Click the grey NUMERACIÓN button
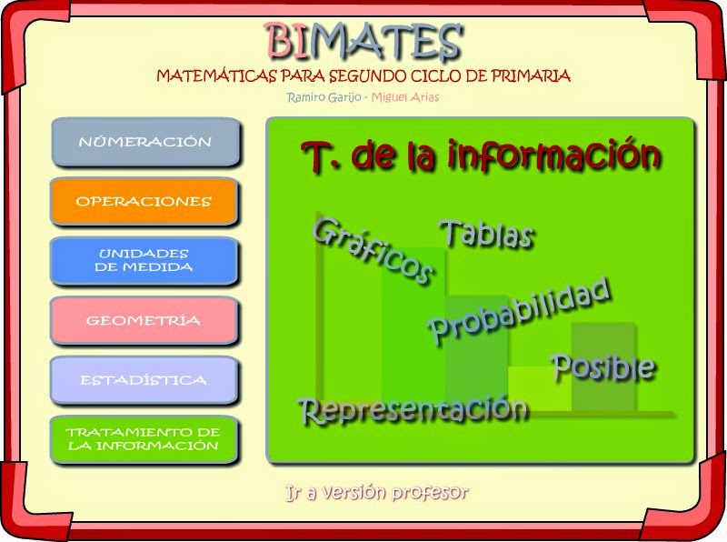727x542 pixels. pyautogui.click(x=145, y=142)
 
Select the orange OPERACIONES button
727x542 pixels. pyautogui.click(x=144, y=201)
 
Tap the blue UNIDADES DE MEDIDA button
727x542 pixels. pyautogui.click(x=144, y=261)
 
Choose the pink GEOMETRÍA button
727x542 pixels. pyautogui.click(x=144, y=320)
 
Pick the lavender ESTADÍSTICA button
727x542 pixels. pyautogui.click(x=144, y=380)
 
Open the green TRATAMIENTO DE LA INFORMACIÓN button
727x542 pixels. pyautogui.click(x=144, y=439)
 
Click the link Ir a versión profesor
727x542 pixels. pyautogui.click(x=376, y=493)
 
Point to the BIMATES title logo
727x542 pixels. pyautogui.click(x=363, y=42)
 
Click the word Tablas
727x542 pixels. pyautogui.click(x=486, y=234)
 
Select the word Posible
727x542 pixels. pyautogui.click(x=603, y=367)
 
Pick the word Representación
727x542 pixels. pyautogui.click(x=413, y=409)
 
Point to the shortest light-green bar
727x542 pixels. pyautogui.click(x=539, y=387)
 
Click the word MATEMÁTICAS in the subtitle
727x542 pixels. pyautogui.click(x=206, y=75)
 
